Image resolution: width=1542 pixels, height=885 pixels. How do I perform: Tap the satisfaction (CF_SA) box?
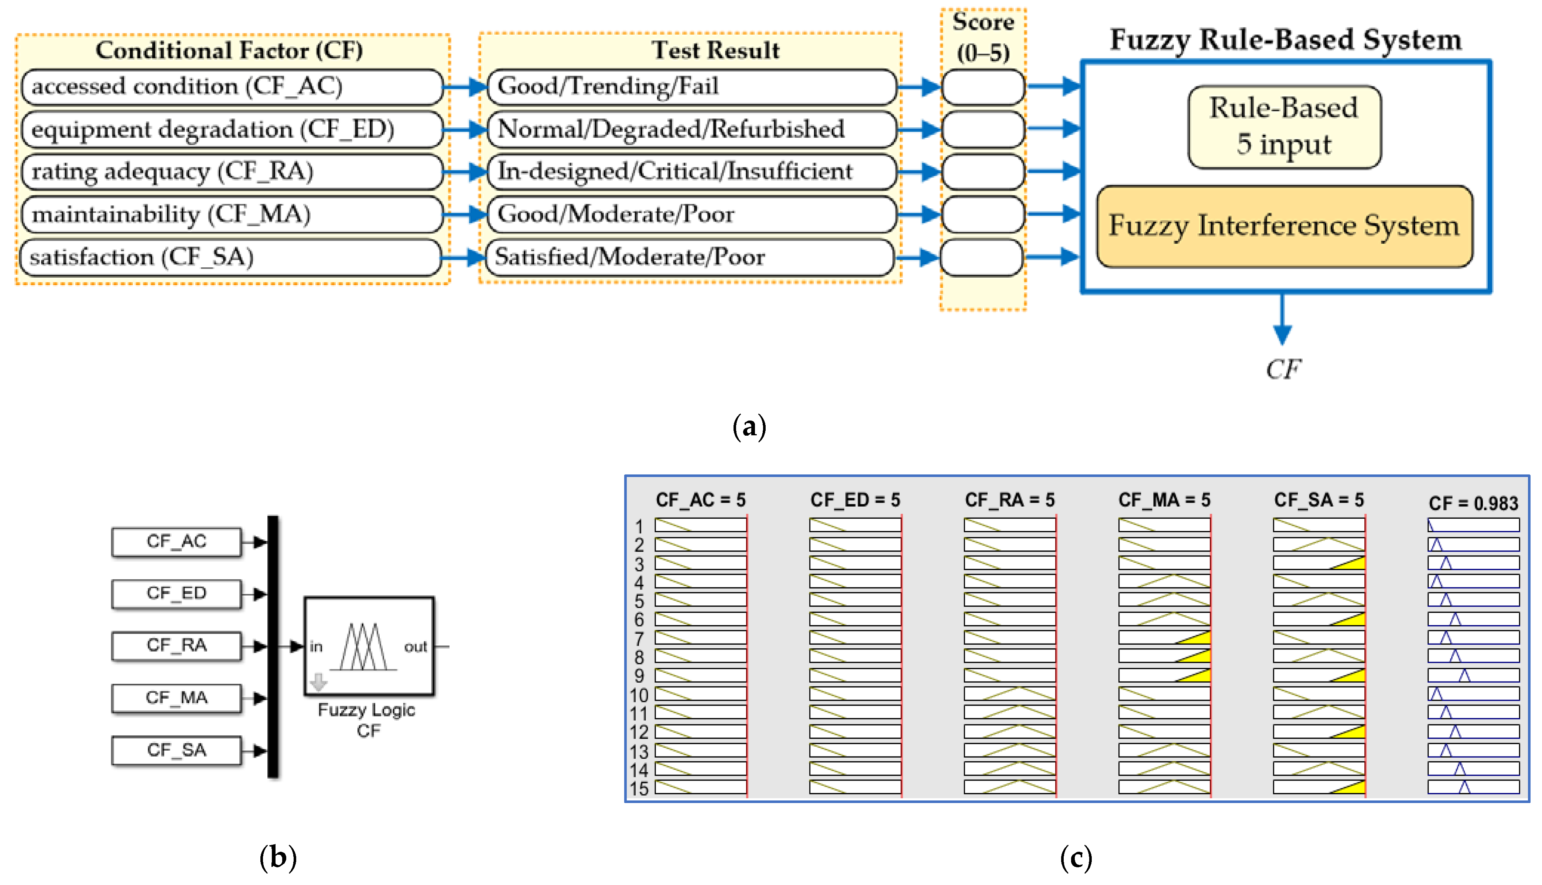[x=232, y=257]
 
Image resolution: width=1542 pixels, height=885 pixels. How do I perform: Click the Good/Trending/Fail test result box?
[x=691, y=87]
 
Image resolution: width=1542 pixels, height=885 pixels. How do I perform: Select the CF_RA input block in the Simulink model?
[x=176, y=645]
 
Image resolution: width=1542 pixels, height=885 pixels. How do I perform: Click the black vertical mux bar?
[x=273, y=646]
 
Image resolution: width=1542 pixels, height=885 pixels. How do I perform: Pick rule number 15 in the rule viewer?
[x=639, y=788]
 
